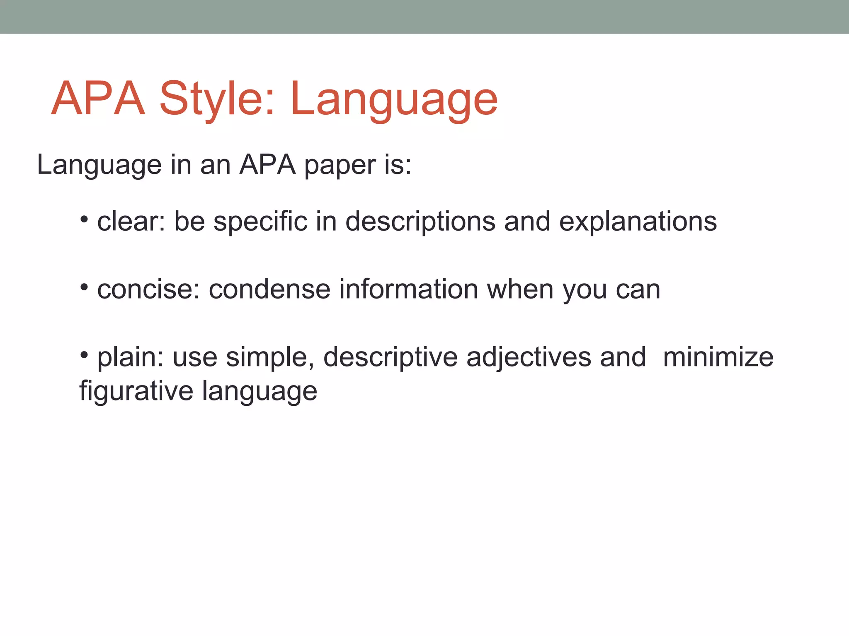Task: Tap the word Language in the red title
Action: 394,99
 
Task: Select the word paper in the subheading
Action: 340,166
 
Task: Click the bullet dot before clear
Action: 85,219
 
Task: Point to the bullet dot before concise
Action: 85,287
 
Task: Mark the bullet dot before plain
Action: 85,354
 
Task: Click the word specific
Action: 260,222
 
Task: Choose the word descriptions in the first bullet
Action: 420,222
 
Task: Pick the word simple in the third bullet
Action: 270,357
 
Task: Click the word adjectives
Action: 529,357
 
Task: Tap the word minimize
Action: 718,357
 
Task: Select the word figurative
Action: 136,391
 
